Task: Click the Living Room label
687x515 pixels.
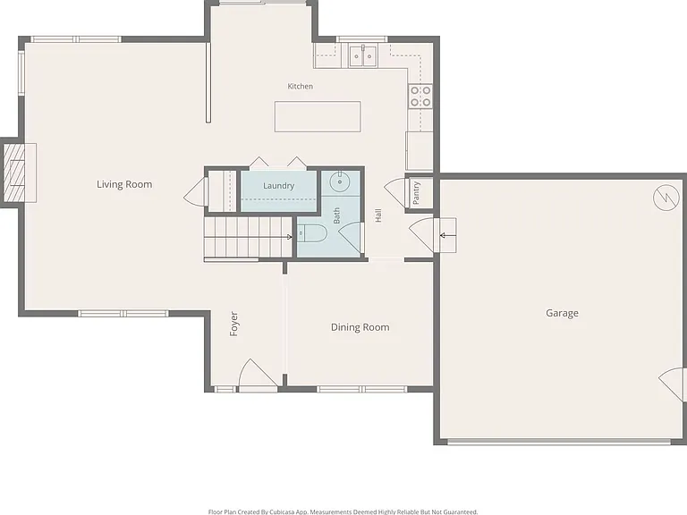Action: (124, 184)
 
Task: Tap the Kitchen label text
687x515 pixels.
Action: (301, 86)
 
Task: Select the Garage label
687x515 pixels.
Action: (562, 313)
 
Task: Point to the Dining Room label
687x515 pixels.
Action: (360, 327)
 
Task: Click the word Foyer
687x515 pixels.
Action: (234, 324)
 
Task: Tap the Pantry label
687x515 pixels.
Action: (416, 193)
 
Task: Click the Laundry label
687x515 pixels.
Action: (279, 186)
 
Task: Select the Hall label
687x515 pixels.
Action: (378, 215)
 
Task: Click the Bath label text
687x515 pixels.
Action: (336, 215)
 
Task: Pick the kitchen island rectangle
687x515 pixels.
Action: (318, 116)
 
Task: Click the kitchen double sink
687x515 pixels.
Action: (363, 55)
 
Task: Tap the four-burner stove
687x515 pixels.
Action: (420, 97)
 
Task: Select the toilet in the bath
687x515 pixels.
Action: (312, 233)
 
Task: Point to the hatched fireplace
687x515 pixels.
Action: (15, 173)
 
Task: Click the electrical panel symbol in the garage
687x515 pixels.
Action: (666, 198)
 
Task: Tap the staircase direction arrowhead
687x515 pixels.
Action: (289, 237)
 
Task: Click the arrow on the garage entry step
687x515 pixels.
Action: (448, 236)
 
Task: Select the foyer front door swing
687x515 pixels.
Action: (258, 374)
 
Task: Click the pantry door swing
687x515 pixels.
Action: (394, 193)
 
